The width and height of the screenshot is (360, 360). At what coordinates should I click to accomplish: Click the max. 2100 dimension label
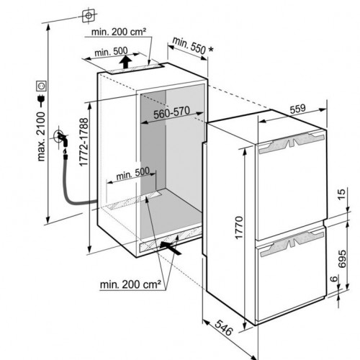41,136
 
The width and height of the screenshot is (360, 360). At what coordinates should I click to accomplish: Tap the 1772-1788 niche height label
84,142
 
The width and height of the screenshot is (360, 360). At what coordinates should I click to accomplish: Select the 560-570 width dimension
171,112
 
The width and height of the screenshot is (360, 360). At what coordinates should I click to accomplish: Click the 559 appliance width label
297,109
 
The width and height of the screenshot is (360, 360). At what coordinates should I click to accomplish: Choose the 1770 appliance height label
239,228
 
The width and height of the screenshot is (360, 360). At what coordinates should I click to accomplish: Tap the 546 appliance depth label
224,328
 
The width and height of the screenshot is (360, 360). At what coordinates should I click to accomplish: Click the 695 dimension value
342,258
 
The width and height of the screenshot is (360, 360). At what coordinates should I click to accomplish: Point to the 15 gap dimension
341,194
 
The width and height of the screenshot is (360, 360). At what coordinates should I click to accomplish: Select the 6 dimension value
333,279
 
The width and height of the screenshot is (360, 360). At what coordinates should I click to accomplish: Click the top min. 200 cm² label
119,32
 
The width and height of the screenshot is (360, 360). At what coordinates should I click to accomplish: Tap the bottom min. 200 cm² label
130,284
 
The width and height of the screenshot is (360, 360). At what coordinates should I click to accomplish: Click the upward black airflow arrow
125,62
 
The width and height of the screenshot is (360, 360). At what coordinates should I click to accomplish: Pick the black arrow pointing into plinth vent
170,248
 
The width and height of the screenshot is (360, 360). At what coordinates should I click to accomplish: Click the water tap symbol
63,138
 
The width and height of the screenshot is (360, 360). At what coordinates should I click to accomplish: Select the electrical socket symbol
41,86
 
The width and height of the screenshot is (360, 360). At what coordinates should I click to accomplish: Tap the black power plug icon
41,101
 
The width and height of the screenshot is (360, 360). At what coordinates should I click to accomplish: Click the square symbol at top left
89,16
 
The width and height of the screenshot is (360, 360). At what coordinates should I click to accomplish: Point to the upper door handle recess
292,143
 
